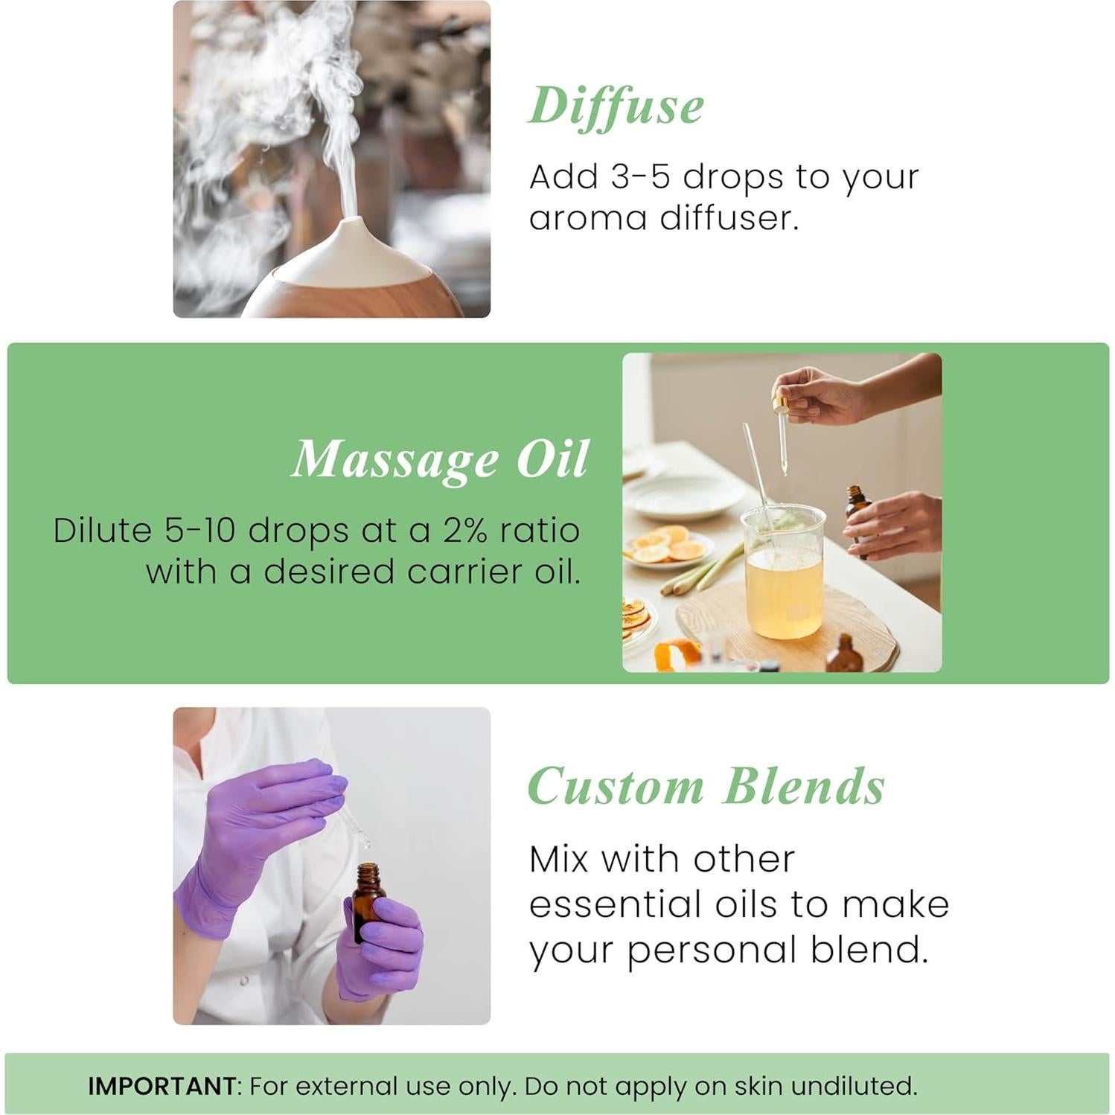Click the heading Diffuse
(616, 106)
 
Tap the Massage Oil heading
(440, 459)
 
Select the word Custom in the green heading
(616, 786)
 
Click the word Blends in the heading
(804, 786)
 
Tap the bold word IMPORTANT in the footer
(162, 1086)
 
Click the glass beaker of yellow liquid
(784, 573)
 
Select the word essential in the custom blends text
(616, 904)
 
